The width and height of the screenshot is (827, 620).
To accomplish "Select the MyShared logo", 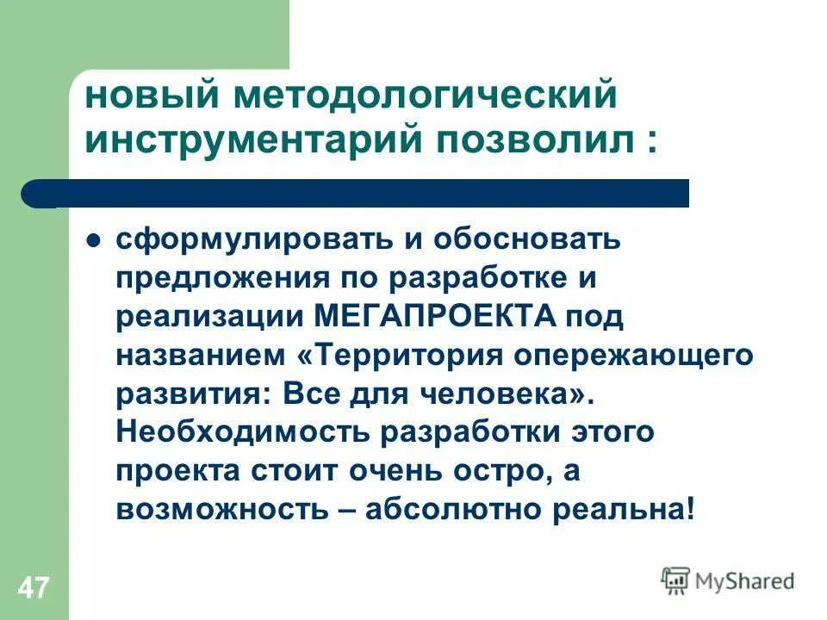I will pos(728,581).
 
